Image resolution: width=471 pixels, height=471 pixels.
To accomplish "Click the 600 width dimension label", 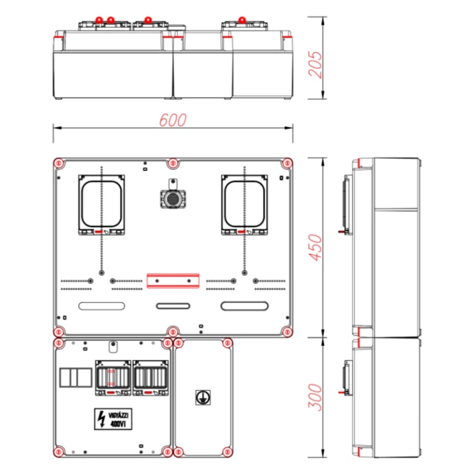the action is [x=173, y=120].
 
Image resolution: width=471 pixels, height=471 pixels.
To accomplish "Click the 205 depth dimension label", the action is [x=315, y=64].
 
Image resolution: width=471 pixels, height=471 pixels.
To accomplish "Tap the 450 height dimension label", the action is [x=315, y=248].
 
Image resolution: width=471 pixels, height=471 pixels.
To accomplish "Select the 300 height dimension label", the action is [x=315, y=397].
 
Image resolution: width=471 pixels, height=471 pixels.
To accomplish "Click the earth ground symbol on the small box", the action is [x=203, y=397].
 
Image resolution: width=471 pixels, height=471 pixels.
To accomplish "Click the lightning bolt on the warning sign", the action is [x=102, y=419].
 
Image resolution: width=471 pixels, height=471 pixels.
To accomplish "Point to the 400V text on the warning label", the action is [x=119, y=423].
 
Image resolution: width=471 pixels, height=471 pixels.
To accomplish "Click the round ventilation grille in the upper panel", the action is [x=173, y=198].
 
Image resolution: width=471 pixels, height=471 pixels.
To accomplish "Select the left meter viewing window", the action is [x=102, y=204].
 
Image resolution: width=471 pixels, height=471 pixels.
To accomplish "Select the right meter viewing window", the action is [x=244, y=204].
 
